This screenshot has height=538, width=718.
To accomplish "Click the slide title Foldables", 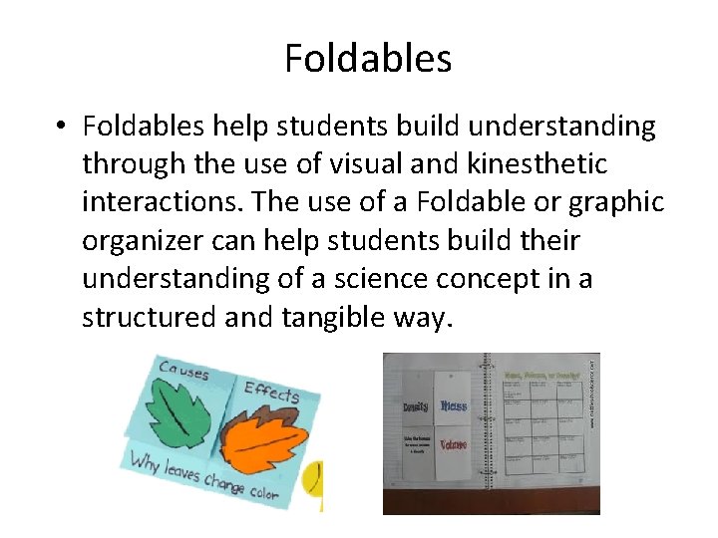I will [x=368, y=58].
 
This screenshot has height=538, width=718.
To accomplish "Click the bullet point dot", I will [x=61, y=128].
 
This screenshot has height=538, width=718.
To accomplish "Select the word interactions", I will [x=160, y=201].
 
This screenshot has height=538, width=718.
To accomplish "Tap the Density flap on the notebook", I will [x=416, y=407].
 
